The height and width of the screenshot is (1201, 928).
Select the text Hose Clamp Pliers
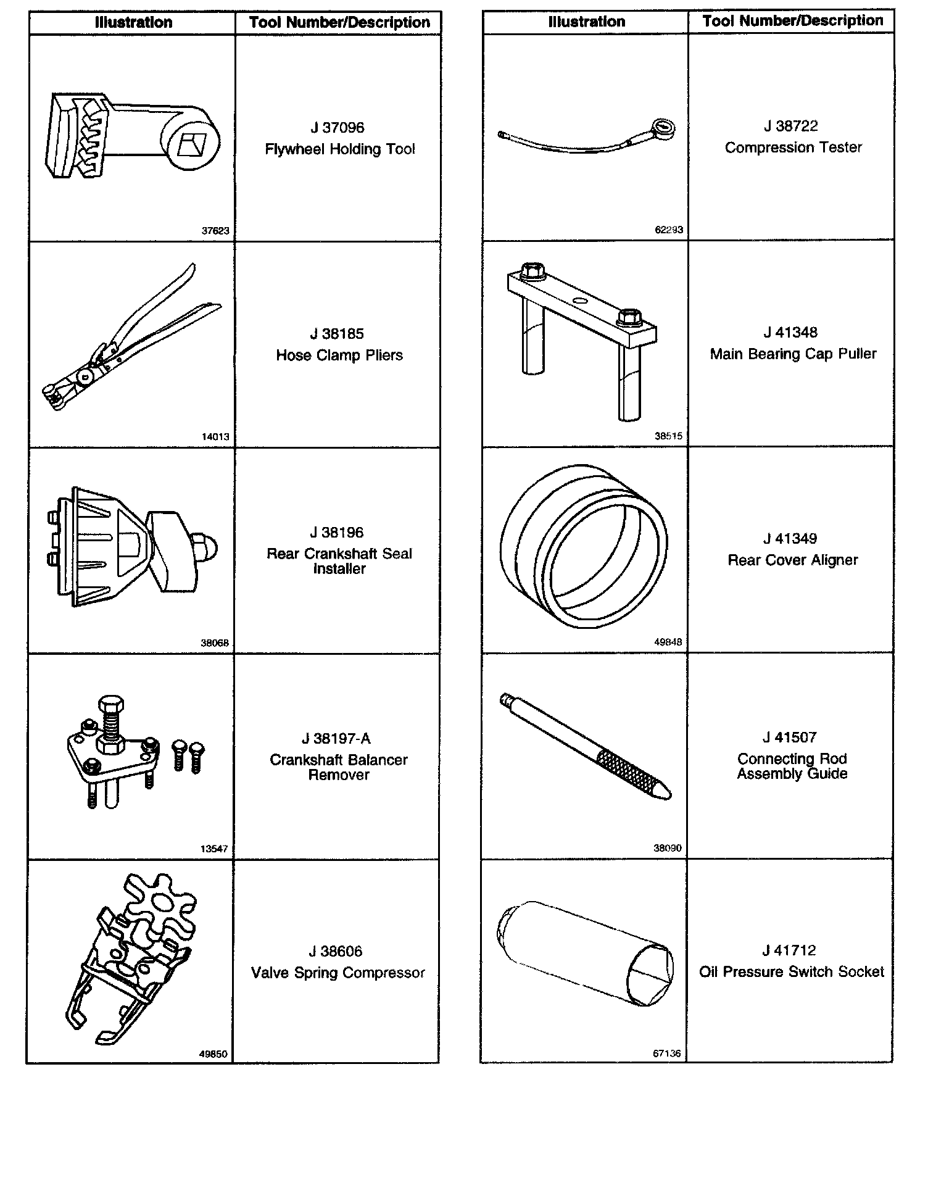[339, 355]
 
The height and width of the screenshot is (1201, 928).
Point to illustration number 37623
[215, 231]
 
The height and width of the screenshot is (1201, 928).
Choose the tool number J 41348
[790, 333]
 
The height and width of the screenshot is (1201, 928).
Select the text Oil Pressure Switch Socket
[792, 972]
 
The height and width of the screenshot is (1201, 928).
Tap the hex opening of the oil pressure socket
[648, 975]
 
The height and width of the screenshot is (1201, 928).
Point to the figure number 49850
[213, 1054]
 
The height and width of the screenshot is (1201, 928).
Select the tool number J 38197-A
[336, 739]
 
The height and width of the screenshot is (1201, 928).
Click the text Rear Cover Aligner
[793, 560]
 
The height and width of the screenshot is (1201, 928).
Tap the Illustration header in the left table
[133, 23]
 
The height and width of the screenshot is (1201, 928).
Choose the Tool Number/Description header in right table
[793, 21]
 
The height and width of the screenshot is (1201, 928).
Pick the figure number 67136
[666, 1053]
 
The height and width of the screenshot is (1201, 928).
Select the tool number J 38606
[336, 951]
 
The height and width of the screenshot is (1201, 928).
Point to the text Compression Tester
[793, 148]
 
